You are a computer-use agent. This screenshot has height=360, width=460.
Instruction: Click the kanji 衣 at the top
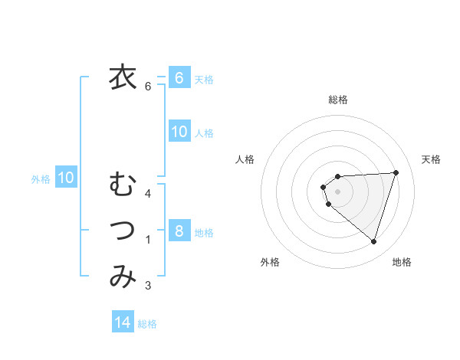(122, 77)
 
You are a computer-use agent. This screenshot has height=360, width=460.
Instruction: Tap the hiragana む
(122, 184)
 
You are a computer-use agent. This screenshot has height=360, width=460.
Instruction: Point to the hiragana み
(122, 277)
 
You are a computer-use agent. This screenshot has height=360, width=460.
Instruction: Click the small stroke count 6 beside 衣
(149, 87)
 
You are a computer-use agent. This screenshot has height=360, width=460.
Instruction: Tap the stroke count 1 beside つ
(149, 240)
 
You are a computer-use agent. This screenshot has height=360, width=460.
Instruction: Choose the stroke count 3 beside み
(149, 286)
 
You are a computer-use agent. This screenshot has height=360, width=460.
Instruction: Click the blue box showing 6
(179, 77)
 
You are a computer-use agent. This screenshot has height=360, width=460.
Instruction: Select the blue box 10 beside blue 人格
(179, 132)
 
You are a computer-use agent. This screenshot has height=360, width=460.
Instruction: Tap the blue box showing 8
(179, 231)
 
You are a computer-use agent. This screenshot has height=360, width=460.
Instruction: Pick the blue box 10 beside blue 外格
(66, 178)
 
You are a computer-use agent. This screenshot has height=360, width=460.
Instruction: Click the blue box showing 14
(123, 322)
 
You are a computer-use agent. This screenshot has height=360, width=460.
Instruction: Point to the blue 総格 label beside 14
(147, 324)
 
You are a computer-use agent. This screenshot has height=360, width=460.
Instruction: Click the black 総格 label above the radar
(338, 100)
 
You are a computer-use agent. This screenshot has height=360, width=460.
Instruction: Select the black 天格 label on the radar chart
(432, 159)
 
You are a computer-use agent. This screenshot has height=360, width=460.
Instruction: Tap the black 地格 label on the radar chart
(402, 262)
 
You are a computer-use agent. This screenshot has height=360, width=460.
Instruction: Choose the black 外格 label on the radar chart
(270, 262)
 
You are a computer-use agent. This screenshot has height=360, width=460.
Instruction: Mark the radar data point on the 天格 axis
(396, 172)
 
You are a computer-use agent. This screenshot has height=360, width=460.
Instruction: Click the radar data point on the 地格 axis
(374, 241)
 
